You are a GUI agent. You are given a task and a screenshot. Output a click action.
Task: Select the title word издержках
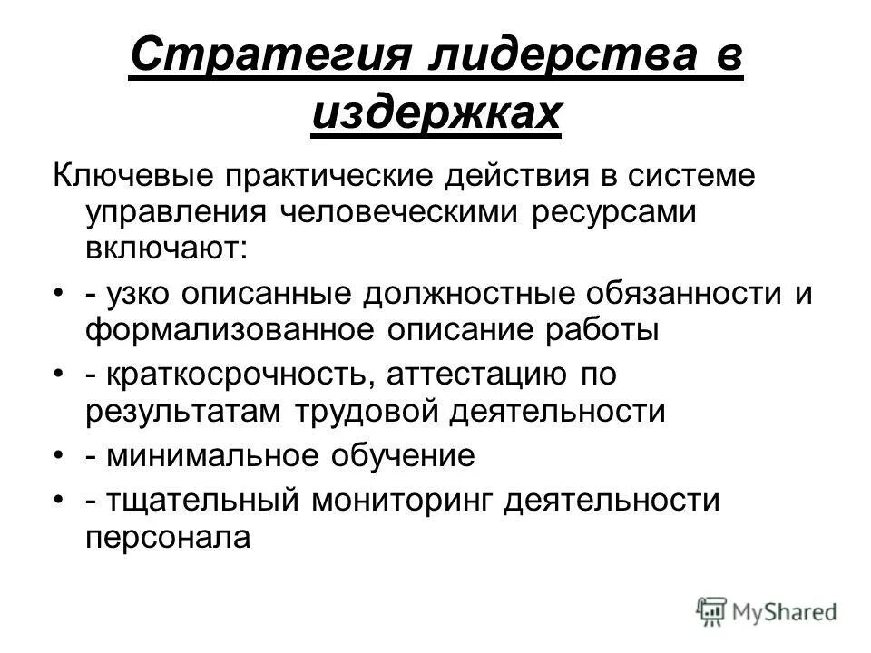point(435,115)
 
